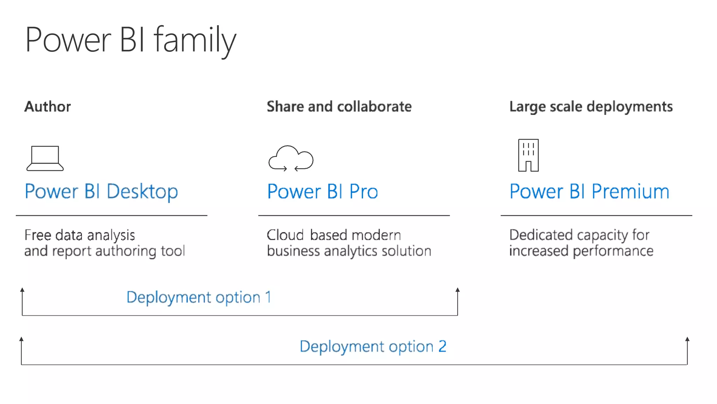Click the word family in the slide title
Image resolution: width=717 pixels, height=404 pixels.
click(195, 40)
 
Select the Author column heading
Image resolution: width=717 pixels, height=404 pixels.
click(48, 107)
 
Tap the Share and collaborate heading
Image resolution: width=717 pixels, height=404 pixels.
click(339, 107)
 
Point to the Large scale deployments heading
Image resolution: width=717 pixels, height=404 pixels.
click(591, 107)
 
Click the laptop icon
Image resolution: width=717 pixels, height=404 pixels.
click(45, 158)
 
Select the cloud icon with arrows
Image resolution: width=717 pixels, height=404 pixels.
click(291, 158)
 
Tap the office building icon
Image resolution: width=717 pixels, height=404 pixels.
click(528, 155)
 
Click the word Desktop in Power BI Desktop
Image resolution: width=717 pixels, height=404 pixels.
click(142, 192)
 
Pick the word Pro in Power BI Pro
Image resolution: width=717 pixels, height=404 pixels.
click(364, 192)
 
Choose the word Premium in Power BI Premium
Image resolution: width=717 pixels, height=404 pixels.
click(630, 192)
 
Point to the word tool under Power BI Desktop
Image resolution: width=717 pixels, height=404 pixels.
click(173, 251)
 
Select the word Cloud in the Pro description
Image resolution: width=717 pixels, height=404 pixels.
click(285, 235)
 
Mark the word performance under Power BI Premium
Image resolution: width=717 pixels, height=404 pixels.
click(613, 251)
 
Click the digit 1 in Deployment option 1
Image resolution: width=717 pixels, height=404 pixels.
click(268, 297)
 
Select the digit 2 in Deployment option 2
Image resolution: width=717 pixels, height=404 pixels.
click(443, 347)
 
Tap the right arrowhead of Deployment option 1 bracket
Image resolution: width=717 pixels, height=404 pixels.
click(458, 290)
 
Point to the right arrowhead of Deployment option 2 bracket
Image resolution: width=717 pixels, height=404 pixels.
click(687, 339)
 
